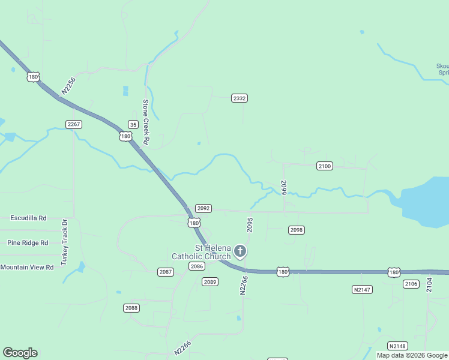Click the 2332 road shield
240,98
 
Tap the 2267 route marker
74,124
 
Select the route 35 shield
133,124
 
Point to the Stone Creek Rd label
146,122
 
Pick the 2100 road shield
324,166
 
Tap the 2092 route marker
203,208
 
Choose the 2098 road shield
297,230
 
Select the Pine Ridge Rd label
27,243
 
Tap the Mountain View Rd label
27,267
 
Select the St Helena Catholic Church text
201,253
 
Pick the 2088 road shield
131,308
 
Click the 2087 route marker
166,272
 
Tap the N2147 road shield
361,289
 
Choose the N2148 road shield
397,346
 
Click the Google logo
20,353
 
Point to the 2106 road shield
411,284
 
